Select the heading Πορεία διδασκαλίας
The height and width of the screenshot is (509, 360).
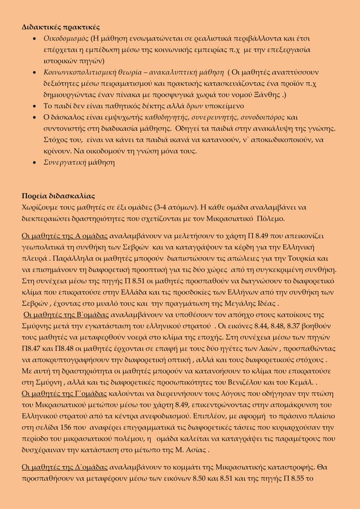pyautogui.click(x=55, y=196)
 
